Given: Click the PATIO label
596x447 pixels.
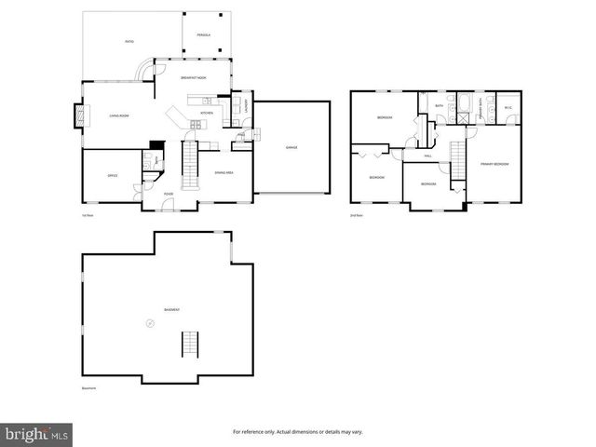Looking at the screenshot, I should click(x=129, y=42).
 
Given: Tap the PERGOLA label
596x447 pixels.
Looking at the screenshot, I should click(x=203, y=35).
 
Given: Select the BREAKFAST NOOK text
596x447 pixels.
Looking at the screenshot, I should click(x=193, y=78).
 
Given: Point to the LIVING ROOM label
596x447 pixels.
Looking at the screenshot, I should click(x=118, y=115).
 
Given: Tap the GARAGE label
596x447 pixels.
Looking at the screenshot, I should click(x=291, y=148).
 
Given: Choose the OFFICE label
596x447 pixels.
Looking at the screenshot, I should click(x=112, y=175).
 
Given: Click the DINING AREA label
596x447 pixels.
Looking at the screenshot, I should click(x=223, y=173).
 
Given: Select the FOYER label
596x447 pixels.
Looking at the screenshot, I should click(x=169, y=194).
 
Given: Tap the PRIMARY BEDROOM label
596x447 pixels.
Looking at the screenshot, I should click(x=494, y=164).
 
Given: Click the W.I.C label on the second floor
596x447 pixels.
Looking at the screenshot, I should click(x=508, y=107).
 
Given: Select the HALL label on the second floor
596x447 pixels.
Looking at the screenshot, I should click(x=427, y=156).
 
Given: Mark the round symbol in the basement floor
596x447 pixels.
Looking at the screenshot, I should click(x=147, y=323).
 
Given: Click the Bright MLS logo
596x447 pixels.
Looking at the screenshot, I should click(x=37, y=434).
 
